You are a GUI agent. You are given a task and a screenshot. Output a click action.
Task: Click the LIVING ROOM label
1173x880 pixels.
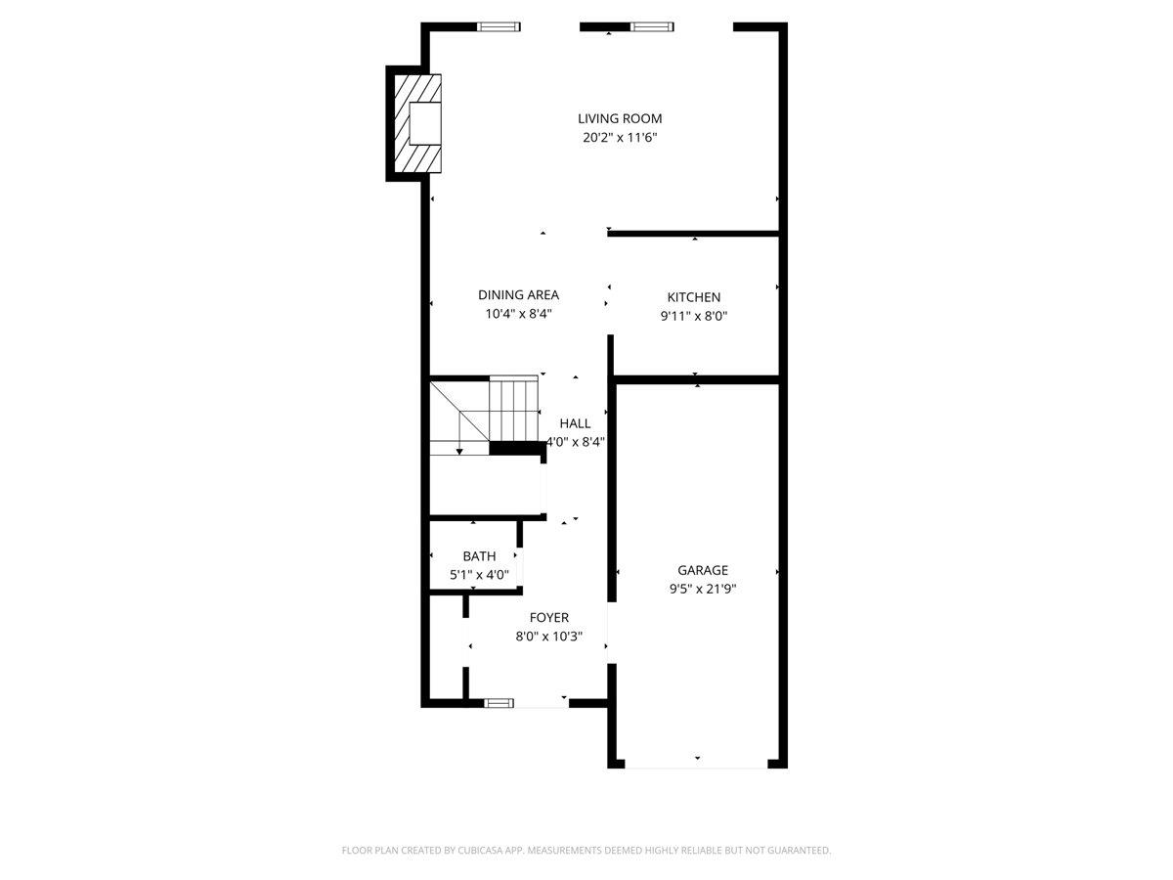tap(620, 118)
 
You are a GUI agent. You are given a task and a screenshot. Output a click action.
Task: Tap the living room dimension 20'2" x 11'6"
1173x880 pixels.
tap(620, 138)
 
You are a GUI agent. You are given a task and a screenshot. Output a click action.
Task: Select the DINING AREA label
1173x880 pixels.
tap(518, 294)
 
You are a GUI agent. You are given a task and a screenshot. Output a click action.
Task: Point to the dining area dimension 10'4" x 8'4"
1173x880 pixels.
tap(518, 314)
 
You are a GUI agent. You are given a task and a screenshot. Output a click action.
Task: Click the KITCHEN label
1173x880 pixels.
tap(694, 297)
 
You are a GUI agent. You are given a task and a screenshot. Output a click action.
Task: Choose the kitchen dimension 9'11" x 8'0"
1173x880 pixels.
tap(694, 316)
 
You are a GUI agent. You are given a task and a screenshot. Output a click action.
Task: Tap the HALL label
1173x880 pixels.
tap(575, 423)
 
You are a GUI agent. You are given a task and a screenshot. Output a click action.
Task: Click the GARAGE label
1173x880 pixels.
tap(703, 570)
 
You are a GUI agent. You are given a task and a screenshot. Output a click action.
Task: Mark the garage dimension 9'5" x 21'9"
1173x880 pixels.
tap(703, 589)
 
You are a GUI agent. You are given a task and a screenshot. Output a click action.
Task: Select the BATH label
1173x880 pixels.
tap(479, 556)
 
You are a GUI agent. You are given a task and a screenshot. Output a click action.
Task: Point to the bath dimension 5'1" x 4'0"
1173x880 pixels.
tap(479, 575)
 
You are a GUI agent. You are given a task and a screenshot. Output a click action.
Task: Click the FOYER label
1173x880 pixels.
tap(549, 617)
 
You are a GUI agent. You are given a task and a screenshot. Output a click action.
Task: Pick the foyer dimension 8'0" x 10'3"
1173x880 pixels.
tap(549, 637)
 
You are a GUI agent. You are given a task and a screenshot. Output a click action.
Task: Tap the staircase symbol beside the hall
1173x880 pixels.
tap(486, 416)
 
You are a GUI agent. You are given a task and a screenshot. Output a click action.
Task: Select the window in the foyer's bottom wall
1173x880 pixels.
tap(500, 702)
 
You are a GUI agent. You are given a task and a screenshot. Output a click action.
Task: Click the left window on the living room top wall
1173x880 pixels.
tap(498, 26)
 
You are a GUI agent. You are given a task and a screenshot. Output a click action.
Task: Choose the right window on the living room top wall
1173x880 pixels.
tap(652, 26)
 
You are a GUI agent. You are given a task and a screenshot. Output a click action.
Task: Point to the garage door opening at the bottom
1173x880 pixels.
tap(697, 766)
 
